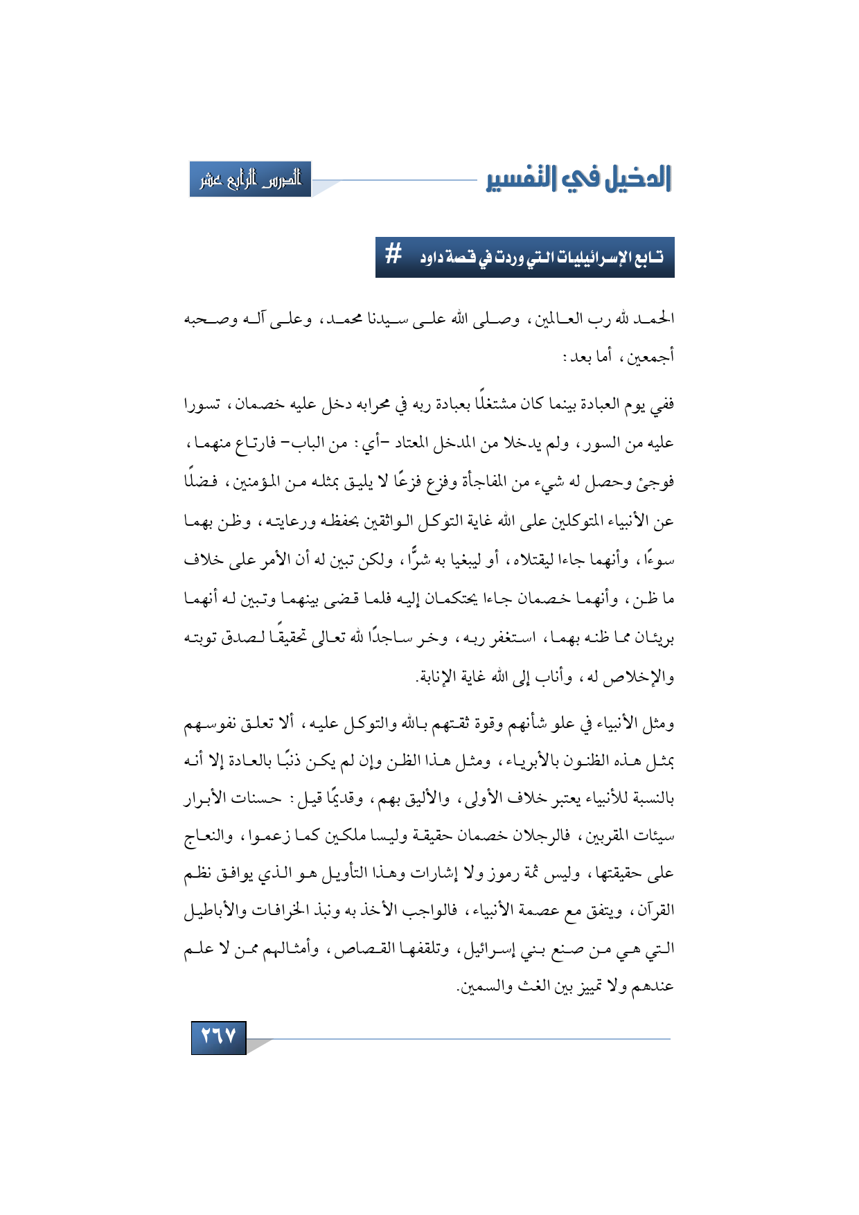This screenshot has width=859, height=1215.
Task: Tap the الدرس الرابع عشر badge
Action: click(x=250, y=179)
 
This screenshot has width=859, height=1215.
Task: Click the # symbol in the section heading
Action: click(x=393, y=256)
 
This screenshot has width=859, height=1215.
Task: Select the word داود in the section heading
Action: click(x=435, y=258)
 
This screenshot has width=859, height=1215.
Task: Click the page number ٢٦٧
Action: click(x=218, y=1037)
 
